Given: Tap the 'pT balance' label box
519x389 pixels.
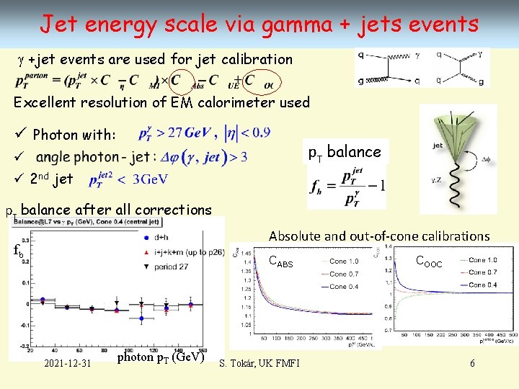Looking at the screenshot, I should point(345,152).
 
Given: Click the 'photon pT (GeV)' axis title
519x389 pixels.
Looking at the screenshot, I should point(161,358).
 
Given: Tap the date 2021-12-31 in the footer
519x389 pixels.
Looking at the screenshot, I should point(68,362).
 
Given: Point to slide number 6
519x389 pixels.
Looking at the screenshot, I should point(472,362).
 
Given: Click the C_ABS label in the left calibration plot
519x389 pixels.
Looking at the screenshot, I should point(280,263).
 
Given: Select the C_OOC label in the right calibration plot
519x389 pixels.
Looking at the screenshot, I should point(430,264).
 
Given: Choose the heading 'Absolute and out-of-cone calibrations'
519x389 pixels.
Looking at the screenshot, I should point(379,236).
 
